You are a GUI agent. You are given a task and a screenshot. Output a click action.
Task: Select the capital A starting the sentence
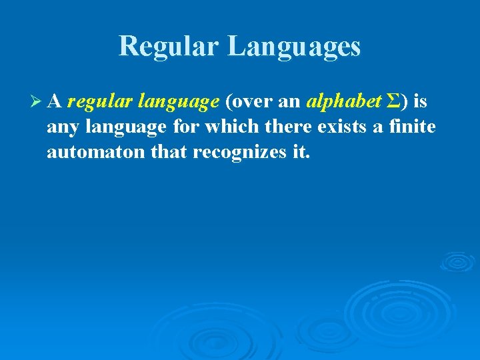coord(55,101)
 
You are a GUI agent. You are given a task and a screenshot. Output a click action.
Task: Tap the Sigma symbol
coord(394,101)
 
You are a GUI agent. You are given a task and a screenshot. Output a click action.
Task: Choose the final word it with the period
coord(301,151)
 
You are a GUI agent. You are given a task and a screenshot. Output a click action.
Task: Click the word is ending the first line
coord(421,101)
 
